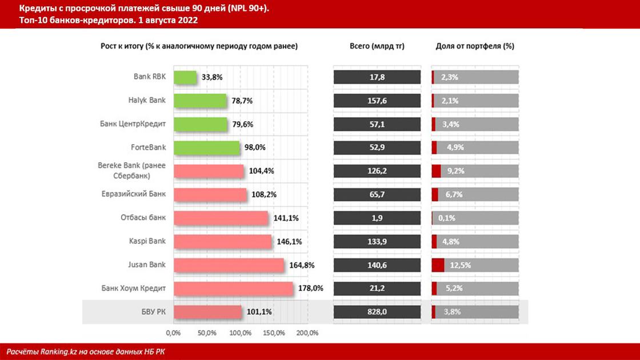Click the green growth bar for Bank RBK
coord(185,77)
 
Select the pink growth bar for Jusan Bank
coord(228,265)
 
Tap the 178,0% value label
coord(310,289)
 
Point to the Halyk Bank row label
coord(147,101)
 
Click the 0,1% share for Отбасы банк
coord(447,218)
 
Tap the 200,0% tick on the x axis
coord(308,333)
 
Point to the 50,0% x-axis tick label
coord(207,333)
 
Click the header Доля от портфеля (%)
coord(475,46)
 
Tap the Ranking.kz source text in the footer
coord(86,351)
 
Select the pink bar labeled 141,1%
coord(221,218)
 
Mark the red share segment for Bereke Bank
coord(437,171)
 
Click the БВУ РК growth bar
coord(207,312)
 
